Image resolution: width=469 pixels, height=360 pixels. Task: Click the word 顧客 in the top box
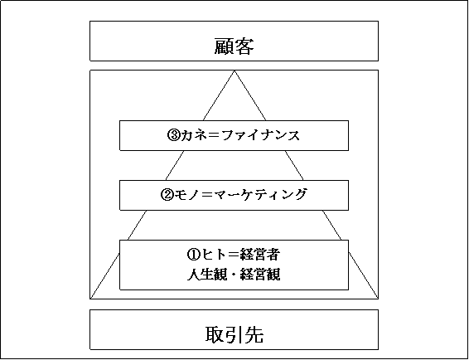[x=234, y=46]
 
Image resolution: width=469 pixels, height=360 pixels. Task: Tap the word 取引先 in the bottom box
[x=234, y=334]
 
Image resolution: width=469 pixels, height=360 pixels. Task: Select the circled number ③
[x=173, y=135]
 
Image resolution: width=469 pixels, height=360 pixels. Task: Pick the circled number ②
[x=167, y=195]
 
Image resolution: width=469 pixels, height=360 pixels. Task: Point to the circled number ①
[x=193, y=255]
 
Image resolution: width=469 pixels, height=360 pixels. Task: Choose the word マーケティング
[x=261, y=195]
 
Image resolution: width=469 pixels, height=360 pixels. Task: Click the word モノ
[x=186, y=195]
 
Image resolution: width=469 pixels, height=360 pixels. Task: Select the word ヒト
[x=212, y=255]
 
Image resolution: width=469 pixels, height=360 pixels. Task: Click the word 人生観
[x=207, y=275]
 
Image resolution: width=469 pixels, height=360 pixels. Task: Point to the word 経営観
[x=260, y=275]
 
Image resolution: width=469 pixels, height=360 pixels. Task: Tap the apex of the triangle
[x=234, y=71]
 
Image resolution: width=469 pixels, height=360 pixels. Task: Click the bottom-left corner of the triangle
[x=90, y=299]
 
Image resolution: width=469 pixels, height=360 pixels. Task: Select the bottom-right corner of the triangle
[x=378, y=299]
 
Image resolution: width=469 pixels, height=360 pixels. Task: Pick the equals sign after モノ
[x=207, y=195]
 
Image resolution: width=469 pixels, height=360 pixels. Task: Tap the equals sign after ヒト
[x=232, y=255]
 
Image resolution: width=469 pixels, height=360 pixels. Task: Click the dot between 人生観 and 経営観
[x=234, y=275]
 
